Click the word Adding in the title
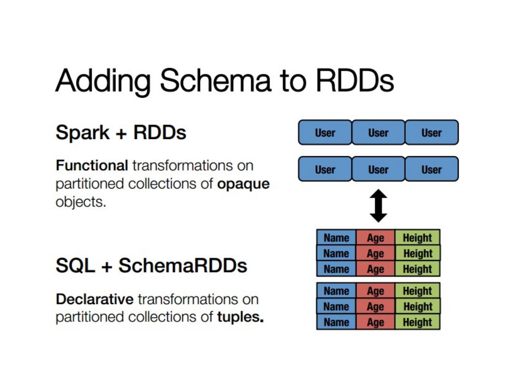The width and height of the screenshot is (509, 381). coord(103,81)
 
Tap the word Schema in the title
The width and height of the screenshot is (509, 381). coord(216,80)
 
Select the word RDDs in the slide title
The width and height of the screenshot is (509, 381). coord(355,80)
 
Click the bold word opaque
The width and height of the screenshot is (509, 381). coord(243,184)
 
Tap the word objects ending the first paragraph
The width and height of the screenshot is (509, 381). coord(81,202)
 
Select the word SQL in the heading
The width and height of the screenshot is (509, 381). coord(75,265)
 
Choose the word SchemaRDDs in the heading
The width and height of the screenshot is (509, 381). coord(183,265)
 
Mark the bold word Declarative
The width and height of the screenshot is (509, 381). coord(95,299)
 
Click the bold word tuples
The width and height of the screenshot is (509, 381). coord(240,317)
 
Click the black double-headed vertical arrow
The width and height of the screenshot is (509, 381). coord(378,206)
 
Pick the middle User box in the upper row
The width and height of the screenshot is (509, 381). coord(378,133)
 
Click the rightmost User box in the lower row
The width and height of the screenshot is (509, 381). coord(432,169)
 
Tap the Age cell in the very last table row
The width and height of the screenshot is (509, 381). coord(375,322)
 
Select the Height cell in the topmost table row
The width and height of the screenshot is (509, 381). coord(417,237)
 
